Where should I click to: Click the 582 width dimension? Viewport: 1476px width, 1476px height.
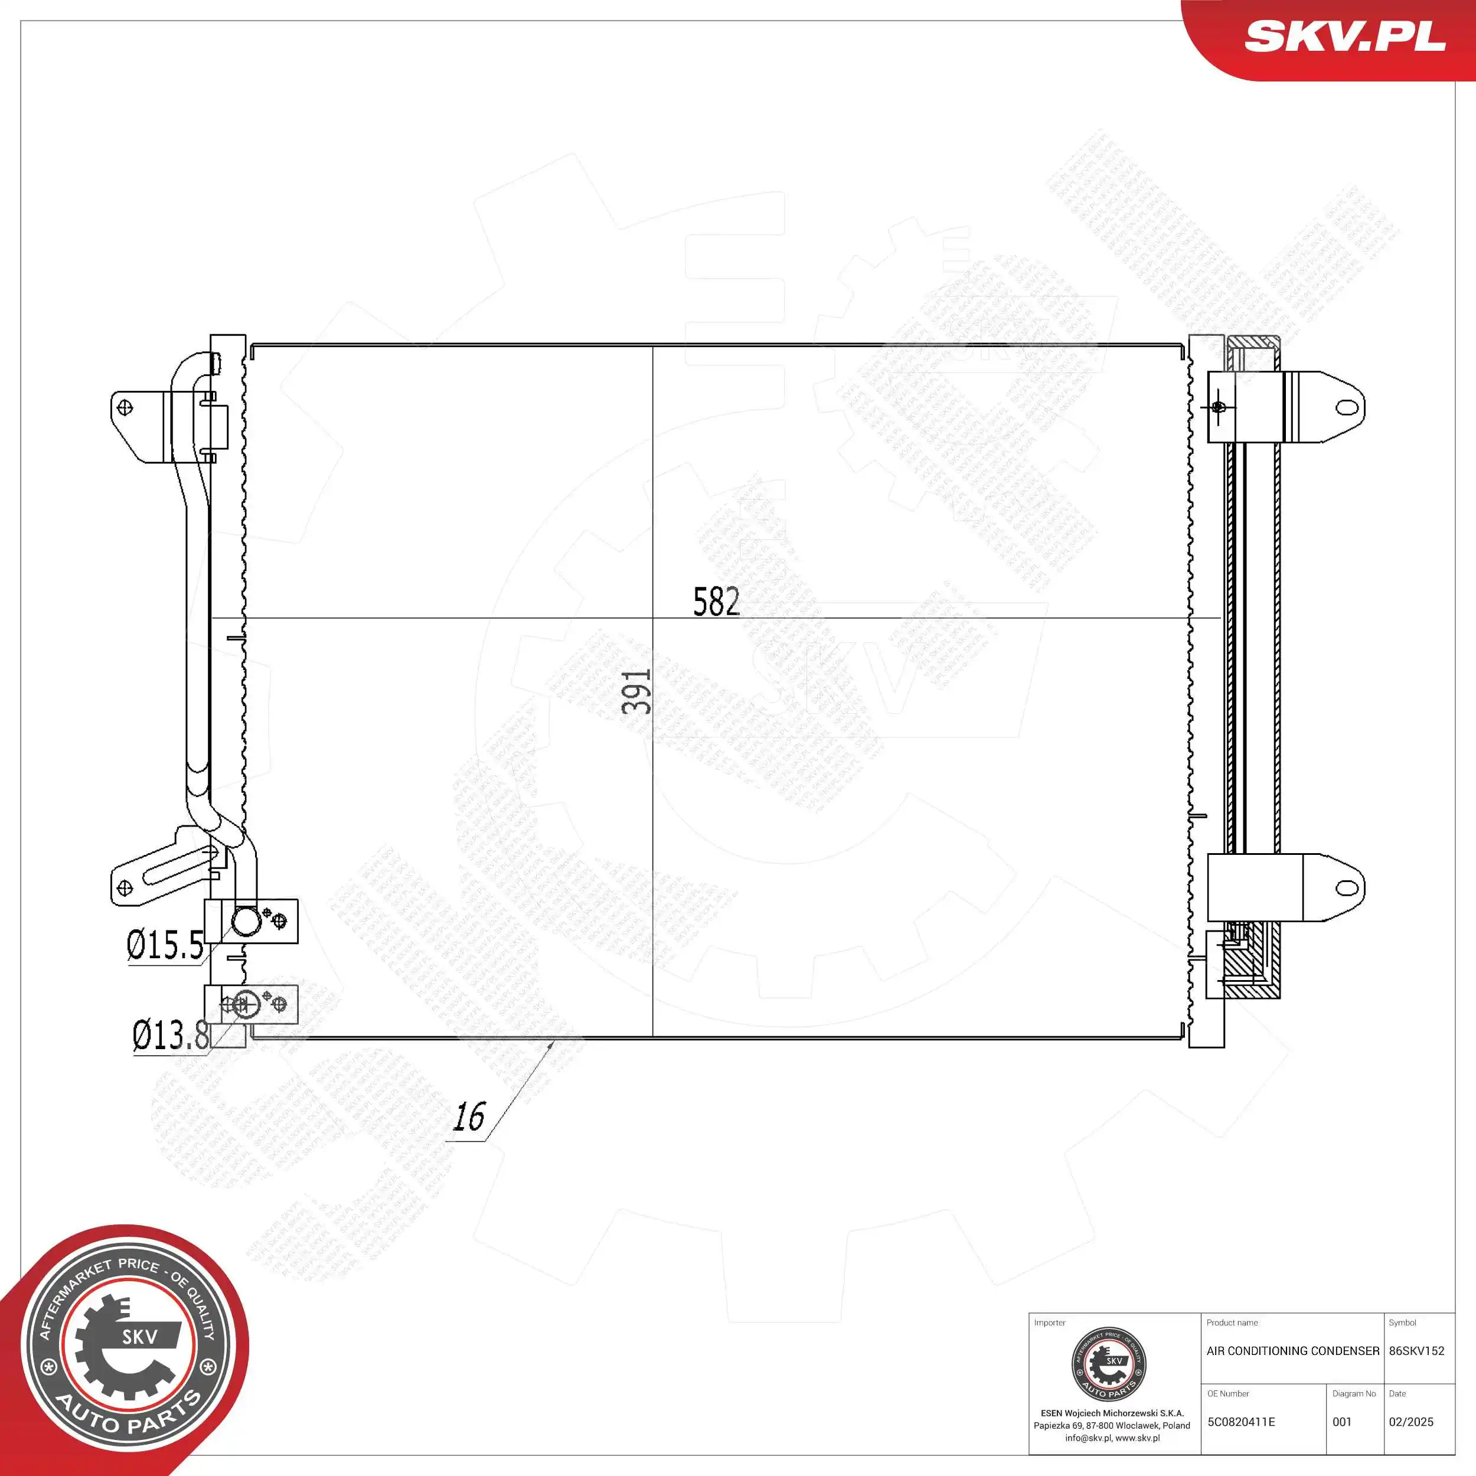(x=716, y=602)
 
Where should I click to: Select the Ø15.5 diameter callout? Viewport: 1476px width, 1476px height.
(x=165, y=946)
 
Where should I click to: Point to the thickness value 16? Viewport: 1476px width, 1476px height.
(x=468, y=1117)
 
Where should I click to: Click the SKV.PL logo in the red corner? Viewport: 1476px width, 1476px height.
(x=1344, y=36)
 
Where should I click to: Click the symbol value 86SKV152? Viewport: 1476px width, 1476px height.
(x=1416, y=1351)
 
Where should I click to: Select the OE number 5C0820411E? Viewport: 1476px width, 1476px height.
(x=1240, y=1422)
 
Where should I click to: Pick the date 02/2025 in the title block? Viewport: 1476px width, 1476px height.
(x=1410, y=1422)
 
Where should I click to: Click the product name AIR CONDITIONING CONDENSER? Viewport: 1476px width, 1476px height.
(x=1292, y=1351)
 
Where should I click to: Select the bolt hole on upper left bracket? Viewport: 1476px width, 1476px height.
(x=125, y=407)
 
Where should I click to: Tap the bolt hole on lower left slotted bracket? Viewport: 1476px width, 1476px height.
(x=124, y=888)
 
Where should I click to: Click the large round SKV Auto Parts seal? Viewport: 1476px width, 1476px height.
(x=128, y=1348)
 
